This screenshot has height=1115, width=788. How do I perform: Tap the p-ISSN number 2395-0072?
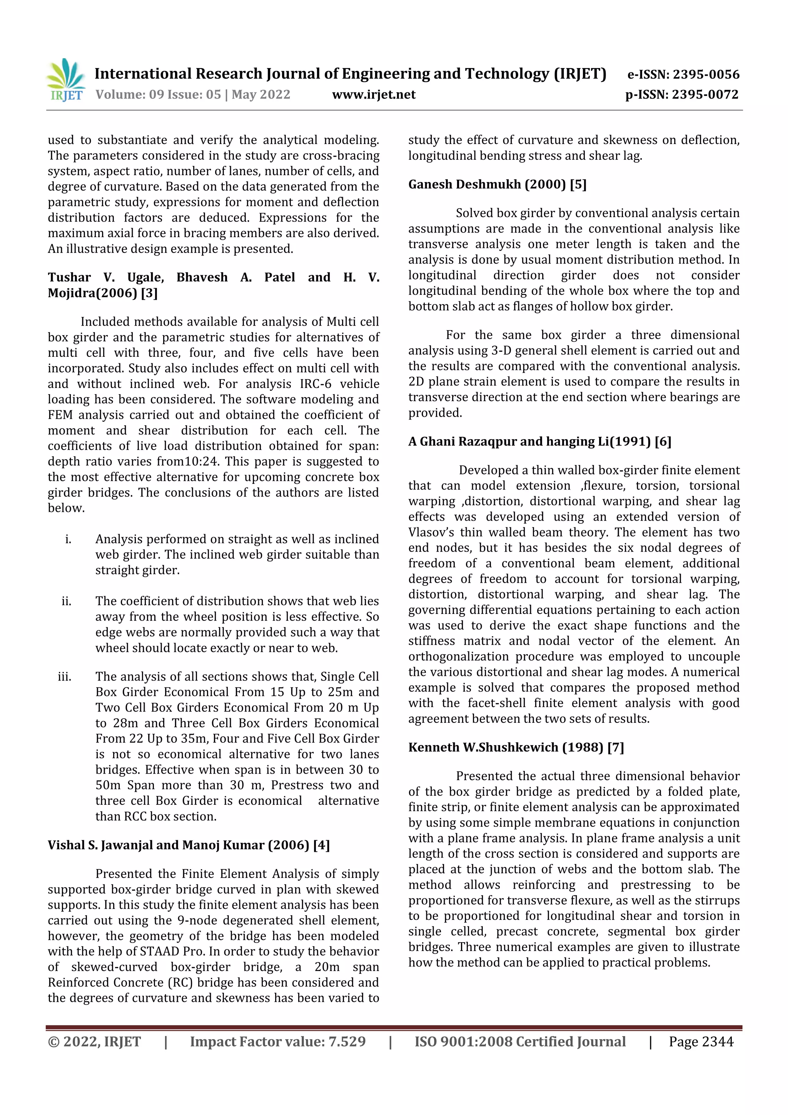click(x=705, y=95)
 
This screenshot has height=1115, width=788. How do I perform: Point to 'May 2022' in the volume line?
click(x=261, y=95)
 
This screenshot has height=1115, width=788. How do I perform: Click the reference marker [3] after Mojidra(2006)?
click(x=149, y=293)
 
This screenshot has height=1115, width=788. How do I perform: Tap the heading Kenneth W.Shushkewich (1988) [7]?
click(x=516, y=747)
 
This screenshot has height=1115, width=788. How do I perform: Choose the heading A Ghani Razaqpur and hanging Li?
click(x=539, y=441)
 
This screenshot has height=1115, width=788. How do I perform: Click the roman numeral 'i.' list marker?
click(x=68, y=539)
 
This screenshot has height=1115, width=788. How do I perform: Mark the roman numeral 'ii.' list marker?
click(x=67, y=601)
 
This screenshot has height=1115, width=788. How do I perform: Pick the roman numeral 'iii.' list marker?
click(x=65, y=677)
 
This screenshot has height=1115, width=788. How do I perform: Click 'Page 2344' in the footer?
click(x=701, y=1041)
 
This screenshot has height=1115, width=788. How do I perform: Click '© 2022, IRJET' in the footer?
click(x=94, y=1041)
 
